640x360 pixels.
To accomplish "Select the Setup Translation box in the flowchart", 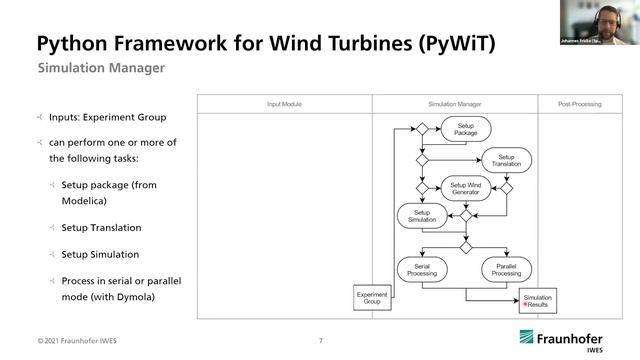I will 506,159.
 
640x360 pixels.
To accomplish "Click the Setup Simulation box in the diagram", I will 420,215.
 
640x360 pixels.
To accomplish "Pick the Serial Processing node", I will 421,268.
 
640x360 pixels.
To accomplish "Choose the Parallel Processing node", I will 506,268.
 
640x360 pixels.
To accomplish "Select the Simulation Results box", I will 539,300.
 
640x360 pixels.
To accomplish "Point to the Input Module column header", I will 284,104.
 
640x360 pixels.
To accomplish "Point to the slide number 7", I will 320,341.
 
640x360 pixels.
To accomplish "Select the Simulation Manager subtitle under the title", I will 101,69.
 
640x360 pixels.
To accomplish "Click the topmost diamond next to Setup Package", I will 422,130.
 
